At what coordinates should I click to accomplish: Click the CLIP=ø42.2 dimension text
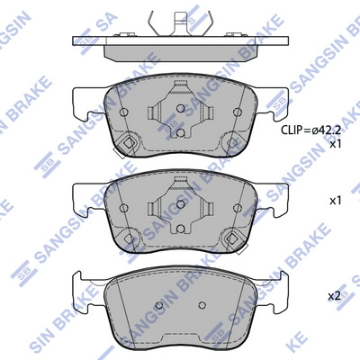[311, 130]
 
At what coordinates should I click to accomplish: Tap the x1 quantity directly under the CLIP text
[336, 144]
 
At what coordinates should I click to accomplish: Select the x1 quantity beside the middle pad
[336, 201]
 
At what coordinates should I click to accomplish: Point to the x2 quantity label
[335, 296]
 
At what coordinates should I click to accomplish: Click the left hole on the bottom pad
[159, 305]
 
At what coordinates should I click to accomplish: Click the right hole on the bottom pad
[202, 305]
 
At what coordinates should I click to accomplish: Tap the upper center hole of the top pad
[180, 108]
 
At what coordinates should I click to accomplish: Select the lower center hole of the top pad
[180, 132]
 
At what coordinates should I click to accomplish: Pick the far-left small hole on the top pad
[123, 112]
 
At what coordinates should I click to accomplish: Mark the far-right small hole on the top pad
[238, 112]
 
